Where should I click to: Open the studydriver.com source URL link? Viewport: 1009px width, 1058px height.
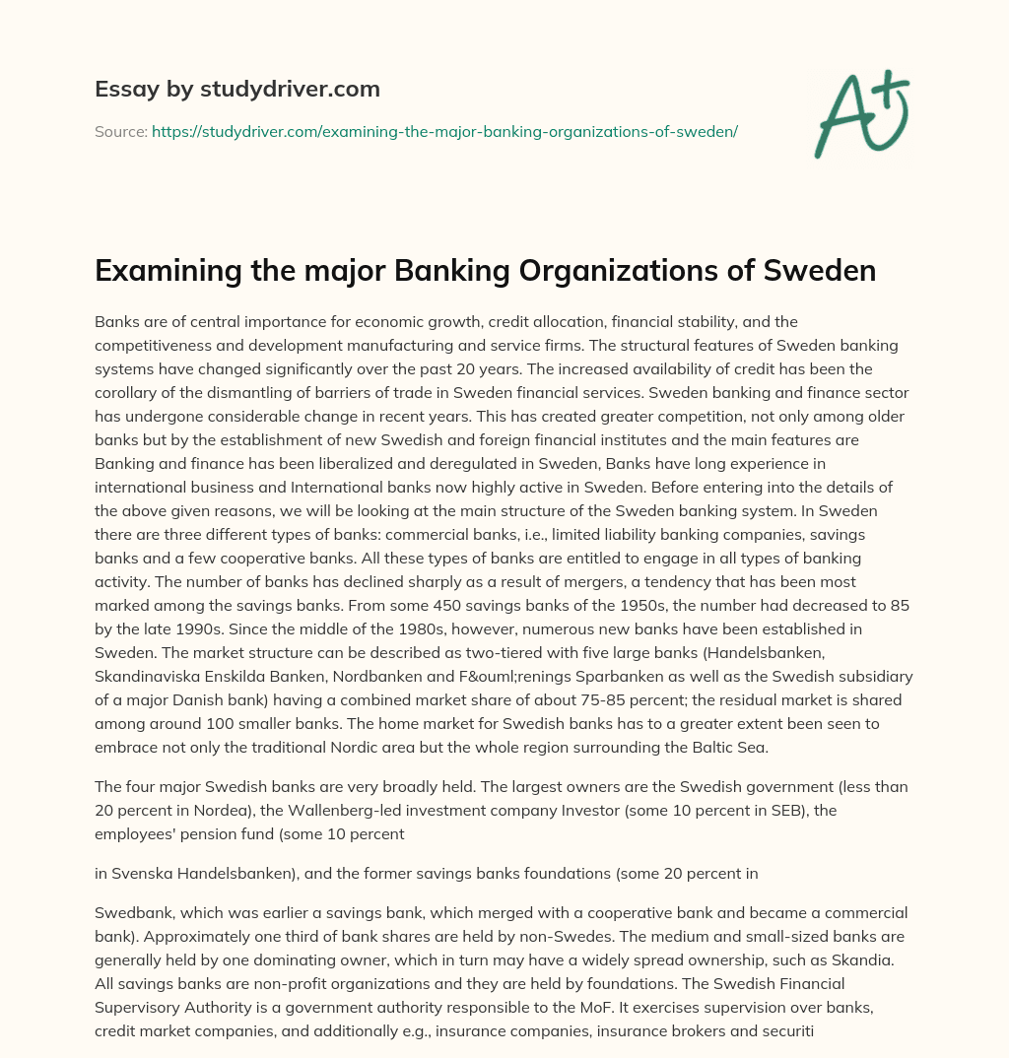point(444,131)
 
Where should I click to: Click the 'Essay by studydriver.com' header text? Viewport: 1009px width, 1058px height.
point(237,89)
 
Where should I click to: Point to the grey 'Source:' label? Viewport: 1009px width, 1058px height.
point(120,131)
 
